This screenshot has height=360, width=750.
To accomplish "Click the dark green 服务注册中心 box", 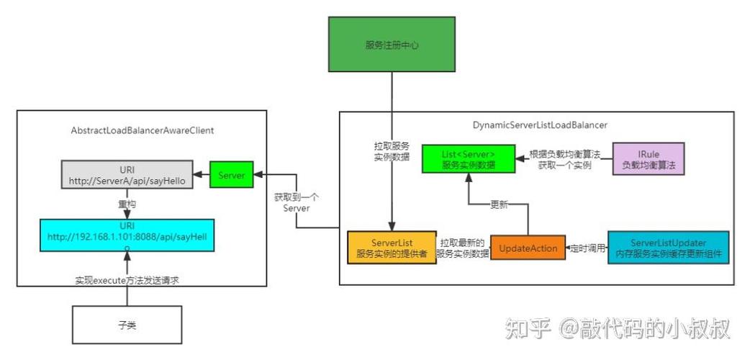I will (x=392, y=45).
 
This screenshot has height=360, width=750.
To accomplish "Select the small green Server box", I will (x=232, y=175).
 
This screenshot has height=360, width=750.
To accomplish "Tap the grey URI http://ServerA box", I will (x=127, y=175).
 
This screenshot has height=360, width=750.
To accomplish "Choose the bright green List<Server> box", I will (x=468, y=158).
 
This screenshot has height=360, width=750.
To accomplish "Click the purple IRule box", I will (x=647, y=159).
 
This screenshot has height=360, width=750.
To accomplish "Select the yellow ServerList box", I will (x=391, y=248).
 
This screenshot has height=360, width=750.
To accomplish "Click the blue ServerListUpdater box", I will (x=668, y=248).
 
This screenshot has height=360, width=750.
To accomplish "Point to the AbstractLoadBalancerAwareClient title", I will (x=143, y=130).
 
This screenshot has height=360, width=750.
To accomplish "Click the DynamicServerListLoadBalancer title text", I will (x=540, y=125).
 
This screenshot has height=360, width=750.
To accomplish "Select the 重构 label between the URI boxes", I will (x=127, y=204).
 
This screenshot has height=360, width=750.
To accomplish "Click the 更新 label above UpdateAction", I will (x=499, y=204).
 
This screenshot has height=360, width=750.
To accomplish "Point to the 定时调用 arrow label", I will (x=588, y=248).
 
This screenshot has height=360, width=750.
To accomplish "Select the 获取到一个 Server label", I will (x=297, y=202).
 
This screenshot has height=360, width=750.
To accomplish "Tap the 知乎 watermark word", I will (x=528, y=330).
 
